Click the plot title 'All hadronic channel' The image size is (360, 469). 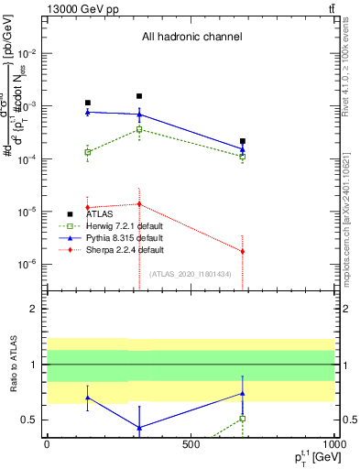coord(191,38)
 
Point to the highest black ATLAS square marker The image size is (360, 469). coord(139,96)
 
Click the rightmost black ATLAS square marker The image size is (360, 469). coord(243,141)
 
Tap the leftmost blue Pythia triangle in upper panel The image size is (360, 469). coord(88,112)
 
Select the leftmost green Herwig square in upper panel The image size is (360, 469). coord(88,152)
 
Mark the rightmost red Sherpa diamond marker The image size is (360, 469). coord(243,251)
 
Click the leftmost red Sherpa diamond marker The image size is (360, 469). coord(88,207)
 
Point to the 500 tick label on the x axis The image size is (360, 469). coord(191,444)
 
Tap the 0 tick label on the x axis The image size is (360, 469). coord(47,444)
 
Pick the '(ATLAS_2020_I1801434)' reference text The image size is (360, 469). coord(190,274)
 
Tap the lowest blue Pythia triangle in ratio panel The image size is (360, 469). coord(139,428)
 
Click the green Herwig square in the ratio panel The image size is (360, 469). coord(243,419)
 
